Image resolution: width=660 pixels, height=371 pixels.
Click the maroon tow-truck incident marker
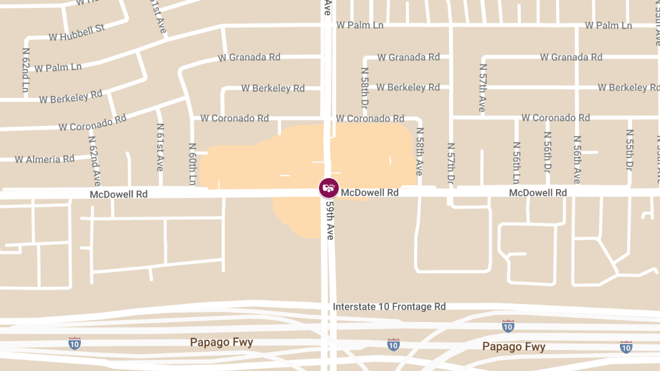329,188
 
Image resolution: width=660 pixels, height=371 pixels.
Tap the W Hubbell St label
76,32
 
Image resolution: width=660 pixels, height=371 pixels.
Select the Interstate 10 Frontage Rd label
389,307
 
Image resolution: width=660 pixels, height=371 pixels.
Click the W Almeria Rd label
45,159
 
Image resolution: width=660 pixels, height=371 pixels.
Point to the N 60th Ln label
192,164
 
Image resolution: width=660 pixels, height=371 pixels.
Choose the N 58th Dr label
364,87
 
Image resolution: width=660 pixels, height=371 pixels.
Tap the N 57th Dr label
451,163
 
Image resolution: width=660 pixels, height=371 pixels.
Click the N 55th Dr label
630,149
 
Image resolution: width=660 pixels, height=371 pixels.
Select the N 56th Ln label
516,163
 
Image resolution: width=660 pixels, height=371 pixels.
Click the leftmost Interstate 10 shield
74,344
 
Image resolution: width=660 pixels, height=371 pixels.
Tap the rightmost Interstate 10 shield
626,346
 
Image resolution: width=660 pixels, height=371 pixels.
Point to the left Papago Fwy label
222,342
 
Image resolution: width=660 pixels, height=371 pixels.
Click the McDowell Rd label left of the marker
119,194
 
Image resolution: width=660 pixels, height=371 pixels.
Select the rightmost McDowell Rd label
538,193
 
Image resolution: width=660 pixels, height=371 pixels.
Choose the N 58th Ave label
420,152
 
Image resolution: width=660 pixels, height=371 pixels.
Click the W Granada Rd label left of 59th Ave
249,57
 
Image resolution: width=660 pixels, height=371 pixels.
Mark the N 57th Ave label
482,87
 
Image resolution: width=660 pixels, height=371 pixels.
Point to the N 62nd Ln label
25,69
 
